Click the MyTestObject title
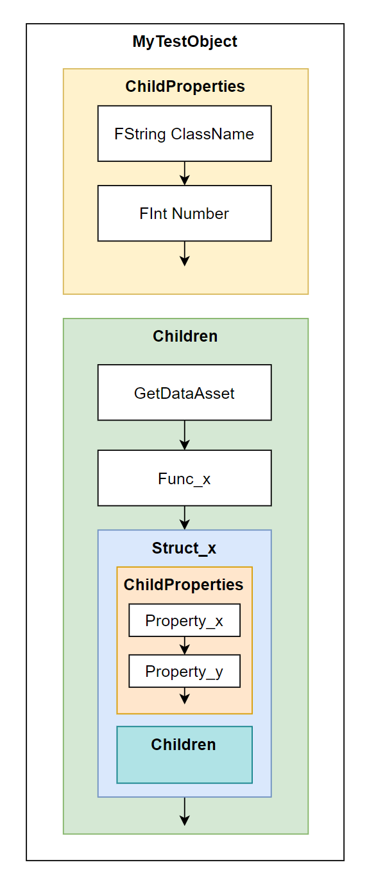tap(185, 41)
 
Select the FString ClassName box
tap(185, 133)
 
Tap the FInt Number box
tap(185, 213)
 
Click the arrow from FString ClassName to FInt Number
tap(185, 173)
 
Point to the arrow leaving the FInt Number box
tap(185, 254)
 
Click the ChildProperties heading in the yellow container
tap(185, 86)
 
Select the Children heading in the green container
tap(185, 336)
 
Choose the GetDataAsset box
tap(185, 392)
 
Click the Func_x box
tap(185, 478)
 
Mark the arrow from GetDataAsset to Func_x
tap(185, 435)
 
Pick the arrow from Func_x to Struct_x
tap(185, 518)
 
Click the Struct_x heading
tap(184, 548)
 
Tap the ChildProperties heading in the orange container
tap(183, 584)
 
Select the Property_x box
tap(185, 620)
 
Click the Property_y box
tap(185, 671)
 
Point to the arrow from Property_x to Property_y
tap(185, 645)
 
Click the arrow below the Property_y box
tap(185, 695)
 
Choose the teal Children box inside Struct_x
tap(185, 755)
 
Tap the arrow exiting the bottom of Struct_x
tap(185, 811)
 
